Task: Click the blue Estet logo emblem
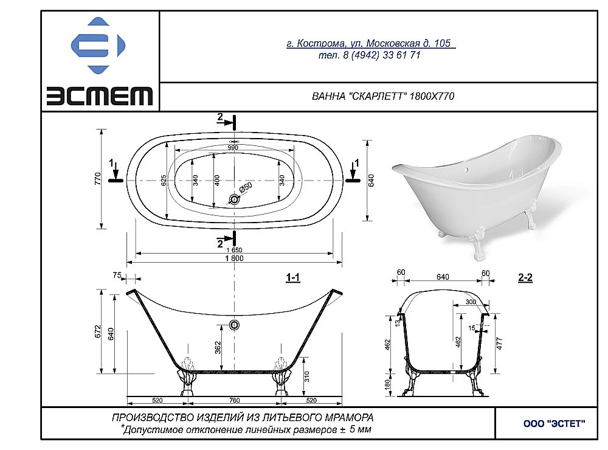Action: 98,46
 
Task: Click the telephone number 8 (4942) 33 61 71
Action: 369,55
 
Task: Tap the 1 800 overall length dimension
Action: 234,258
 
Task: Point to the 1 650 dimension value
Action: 234,250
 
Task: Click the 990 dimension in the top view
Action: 233,147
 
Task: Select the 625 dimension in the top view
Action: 163,181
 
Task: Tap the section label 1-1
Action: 293,277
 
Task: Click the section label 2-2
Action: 525,277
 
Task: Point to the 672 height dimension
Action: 98,332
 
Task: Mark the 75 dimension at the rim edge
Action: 116,275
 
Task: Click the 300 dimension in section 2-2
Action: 471,302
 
